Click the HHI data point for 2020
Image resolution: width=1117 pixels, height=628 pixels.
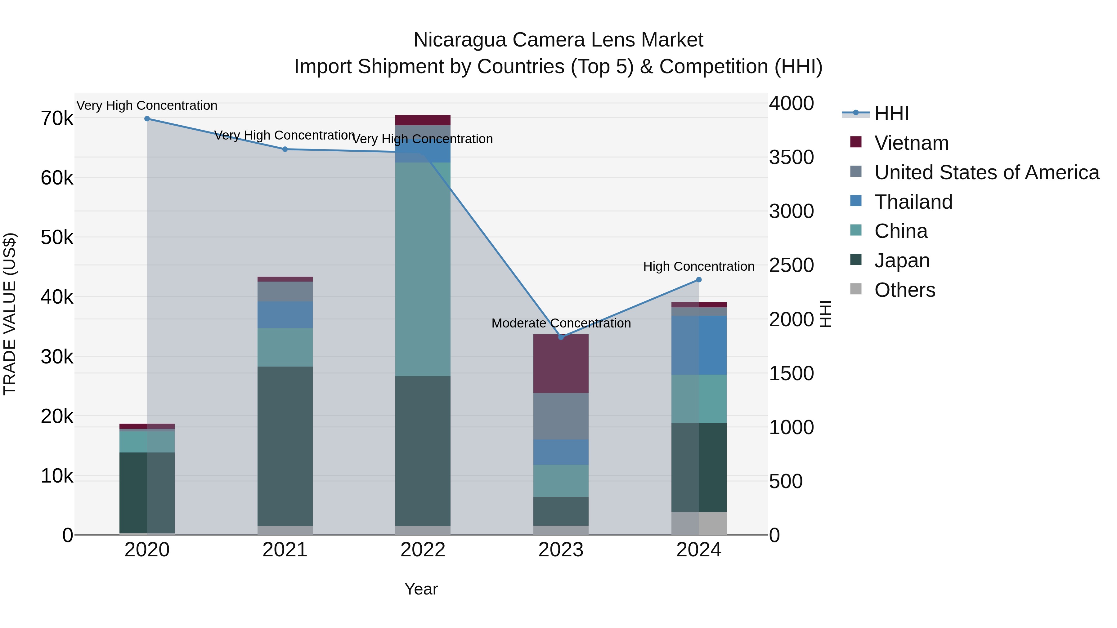click(x=147, y=119)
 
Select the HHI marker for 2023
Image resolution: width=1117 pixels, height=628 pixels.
click(x=561, y=337)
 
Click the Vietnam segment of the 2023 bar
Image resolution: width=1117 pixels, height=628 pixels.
click(x=561, y=364)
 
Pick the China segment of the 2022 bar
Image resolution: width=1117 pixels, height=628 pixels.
click(x=423, y=269)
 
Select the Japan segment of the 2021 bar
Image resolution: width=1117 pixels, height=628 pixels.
click(x=285, y=446)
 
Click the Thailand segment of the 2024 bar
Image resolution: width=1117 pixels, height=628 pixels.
click(x=698, y=345)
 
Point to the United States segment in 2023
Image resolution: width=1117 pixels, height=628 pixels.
click(x=561, y=416)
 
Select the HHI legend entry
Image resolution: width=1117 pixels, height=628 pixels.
click(x=891, y=114)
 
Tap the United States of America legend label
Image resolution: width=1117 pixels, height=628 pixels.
click(x=986, y=172)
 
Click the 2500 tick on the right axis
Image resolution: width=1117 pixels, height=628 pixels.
click(x=791, y=265)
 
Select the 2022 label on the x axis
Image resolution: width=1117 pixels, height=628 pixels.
click(x=423, y=550)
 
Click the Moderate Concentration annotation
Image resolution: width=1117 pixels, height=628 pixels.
click(x=561, y=323)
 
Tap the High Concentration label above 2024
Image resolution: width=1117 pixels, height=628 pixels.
click(x=698, y=266)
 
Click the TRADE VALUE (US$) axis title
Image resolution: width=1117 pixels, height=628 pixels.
click(x=10, y=314)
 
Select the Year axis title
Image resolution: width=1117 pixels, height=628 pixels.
click(x=421, y=589)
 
